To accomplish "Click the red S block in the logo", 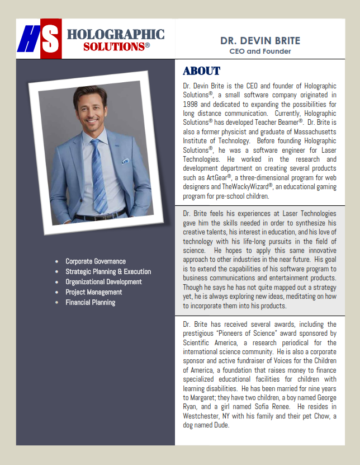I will [x=51, y=39].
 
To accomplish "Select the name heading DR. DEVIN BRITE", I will [x=260, y=41].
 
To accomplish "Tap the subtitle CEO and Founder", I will [x=260, y=51].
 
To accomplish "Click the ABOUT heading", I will [x=202, y=72].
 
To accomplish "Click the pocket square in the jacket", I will [x=125, y=161].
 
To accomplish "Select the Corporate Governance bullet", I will [x=96, y=261].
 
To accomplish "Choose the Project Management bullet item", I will [x=93, y=292].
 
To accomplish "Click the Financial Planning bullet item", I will [x=90, y=302].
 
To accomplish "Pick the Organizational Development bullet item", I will [x=103, y=282].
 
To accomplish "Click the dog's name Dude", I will [x=222, y=425].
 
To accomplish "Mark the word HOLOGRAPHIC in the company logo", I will [x=116, y=35].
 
